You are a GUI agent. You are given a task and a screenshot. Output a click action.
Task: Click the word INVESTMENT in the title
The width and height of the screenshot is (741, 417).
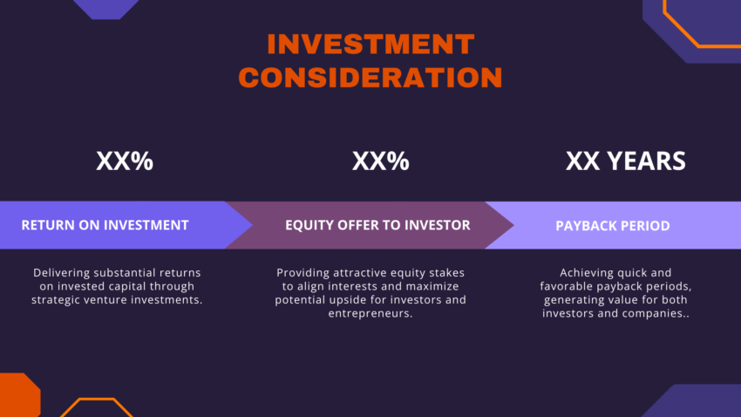click(370, 44)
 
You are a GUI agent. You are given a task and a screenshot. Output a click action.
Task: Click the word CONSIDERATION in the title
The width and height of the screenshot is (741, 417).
click(370, 77)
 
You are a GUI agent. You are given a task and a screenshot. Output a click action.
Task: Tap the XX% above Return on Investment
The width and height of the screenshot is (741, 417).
click(124, 161)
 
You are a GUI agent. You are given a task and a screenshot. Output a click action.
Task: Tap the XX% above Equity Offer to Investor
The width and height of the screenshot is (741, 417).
click(380, 161)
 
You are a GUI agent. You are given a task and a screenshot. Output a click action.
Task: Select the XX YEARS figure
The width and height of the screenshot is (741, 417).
click(625, 161)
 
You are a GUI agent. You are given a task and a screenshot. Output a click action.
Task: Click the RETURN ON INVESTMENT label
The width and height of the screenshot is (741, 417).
click(105, 225)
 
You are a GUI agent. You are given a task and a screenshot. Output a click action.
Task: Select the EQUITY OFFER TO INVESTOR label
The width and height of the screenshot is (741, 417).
click(377, 225)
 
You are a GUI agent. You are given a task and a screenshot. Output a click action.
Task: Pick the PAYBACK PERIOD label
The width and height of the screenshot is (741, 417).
click(613, 226)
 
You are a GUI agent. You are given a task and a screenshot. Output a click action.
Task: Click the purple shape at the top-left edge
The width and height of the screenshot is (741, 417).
click(105, 8)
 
